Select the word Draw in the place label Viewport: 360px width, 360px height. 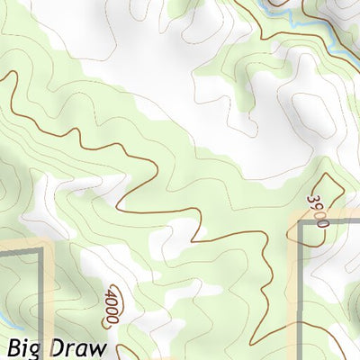79,347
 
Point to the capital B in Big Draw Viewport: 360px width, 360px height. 15,347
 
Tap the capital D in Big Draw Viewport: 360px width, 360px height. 59,347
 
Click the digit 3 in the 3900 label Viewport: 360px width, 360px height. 314,198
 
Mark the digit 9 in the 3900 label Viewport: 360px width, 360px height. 318,205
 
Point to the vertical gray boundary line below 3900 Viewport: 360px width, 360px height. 302,288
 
